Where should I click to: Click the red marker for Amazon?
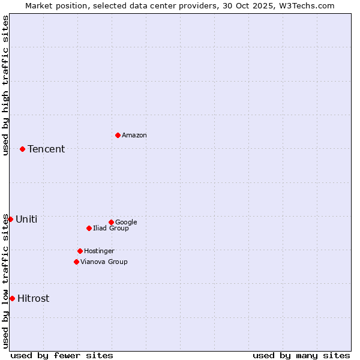pyautogui.click(x=118, y=135)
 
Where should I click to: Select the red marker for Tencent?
pyautogui.click(x=22, y=149)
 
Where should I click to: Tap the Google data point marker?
pyautogui.click(x=111, y=222)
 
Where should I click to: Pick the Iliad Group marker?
pyautogui.click(x=89, y=228)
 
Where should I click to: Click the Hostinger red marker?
pyautogui.click(x=80, y=251)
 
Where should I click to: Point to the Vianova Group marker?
pyautogui.click(x=76, y=262)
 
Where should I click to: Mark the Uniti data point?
pyautogui.click(x=10, y=219)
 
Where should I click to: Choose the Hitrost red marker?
pyautogui.click(x=12, y=298)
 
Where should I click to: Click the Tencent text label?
pyautogui.click(x=46, y=149)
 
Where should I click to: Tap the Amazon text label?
pyautogui.click(x=134, y=135)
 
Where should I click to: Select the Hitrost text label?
pyautogui.click(x=34, y=298)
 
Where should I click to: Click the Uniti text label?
pyautogui.click(x=26, y=219)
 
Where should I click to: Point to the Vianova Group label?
pyautogui.click(x=104, y=262)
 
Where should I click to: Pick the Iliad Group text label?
pyautogui.click(x=111, y=228)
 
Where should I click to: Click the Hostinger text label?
pyautogui.click(x=99, y=251)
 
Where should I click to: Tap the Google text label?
pyautogui.click(x=126, y=222)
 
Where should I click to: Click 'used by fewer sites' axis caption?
pyautogui.click(x=62, y=355)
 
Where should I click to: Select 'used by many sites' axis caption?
pyautogui.click(x=301, y=355)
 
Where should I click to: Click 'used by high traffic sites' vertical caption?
pyautogui.click(x=5, y=85)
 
